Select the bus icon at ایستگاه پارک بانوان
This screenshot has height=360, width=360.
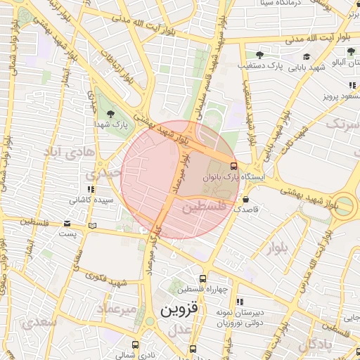click(x=233, y=167)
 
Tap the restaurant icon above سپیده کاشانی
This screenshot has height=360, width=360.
click(x=90, y=189)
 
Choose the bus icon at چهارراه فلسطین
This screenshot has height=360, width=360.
click(x=202, y=278)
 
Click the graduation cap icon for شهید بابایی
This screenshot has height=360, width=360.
click(x=306, y=56)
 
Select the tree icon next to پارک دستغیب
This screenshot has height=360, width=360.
click(x=259, y=54)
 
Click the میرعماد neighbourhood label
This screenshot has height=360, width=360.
click(x=116, y=310)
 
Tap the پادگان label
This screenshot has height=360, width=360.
click(x=315, y=345)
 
